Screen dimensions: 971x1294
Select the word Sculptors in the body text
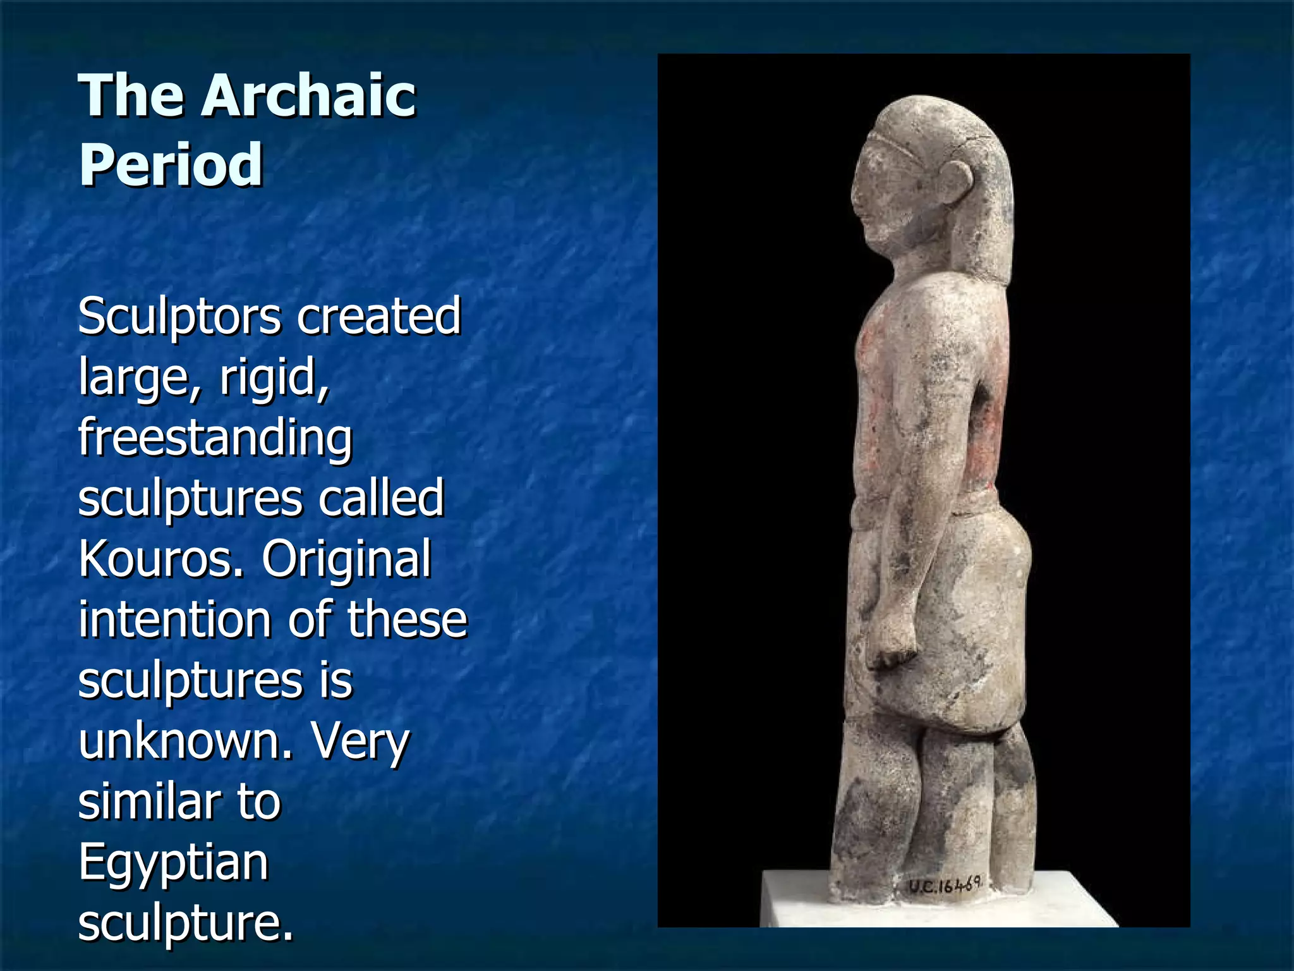click(x=179, y=317)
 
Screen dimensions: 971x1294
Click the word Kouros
click(x=160, y=559)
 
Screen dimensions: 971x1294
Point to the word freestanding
click(x=215, y=437)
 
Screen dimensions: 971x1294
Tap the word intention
click(x=174, y=620)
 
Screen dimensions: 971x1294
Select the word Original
click(x=346, y=559)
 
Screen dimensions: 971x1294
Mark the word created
click(x=378, y=317)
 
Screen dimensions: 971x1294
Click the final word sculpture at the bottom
click(x=186, y=923)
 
